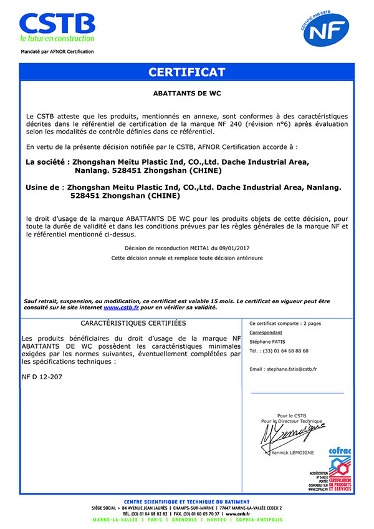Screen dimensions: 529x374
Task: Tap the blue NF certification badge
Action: pyautogui.click(x=326, y=29)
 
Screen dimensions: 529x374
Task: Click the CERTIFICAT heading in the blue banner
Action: pyautogui.click(x=186, y=72)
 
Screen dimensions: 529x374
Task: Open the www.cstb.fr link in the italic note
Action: pyautogui.click(x=121, y=307)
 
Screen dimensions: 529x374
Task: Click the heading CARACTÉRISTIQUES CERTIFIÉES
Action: pyautogui.click(x=133, y=323)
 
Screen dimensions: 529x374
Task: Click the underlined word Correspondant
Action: pyautogui.click(x=266, y=332)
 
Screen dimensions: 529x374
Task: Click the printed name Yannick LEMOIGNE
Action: pyautogui.click(x=293, y=452)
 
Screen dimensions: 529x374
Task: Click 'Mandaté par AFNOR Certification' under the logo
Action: pyautogui.click(x=57, y=52)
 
